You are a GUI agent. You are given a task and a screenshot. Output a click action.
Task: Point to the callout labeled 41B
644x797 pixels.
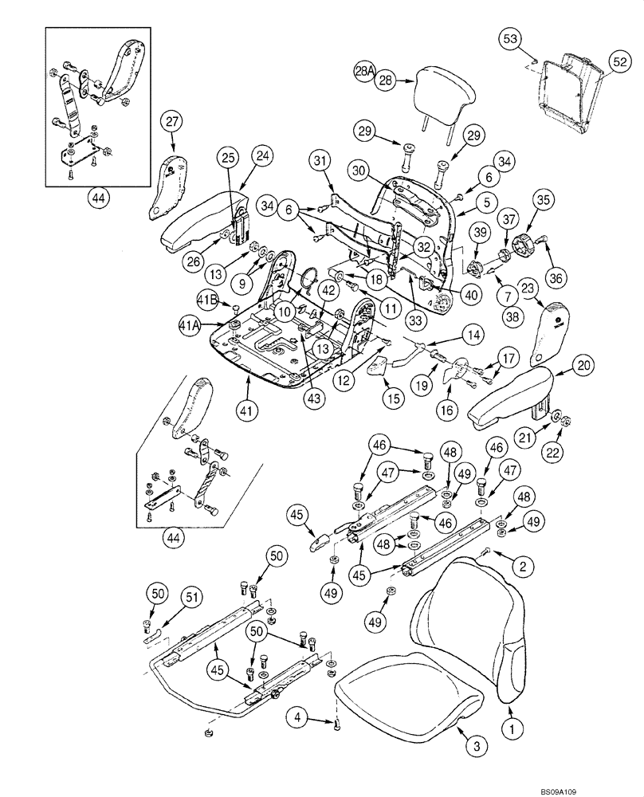click(207, 299)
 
